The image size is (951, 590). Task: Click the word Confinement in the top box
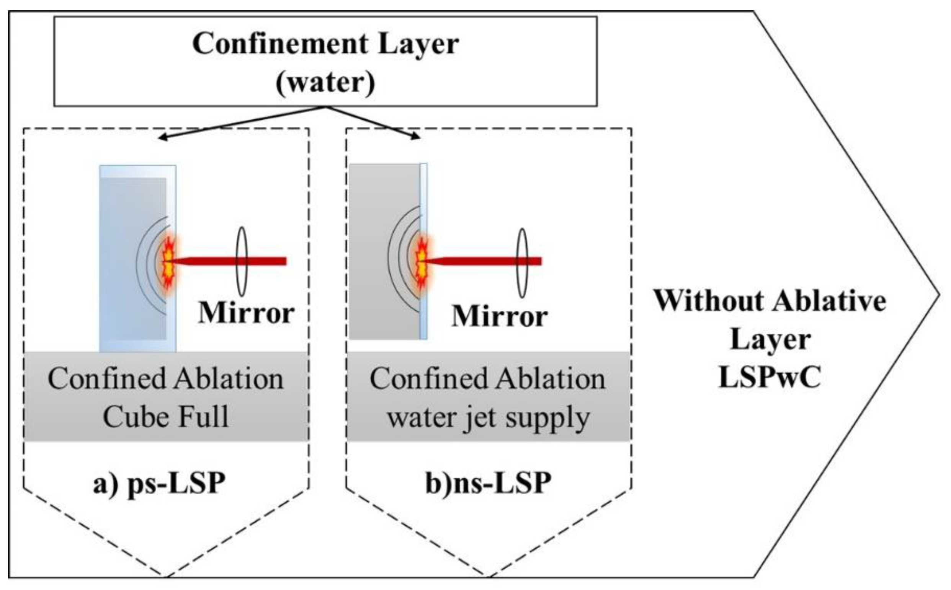click(x=280, y=44)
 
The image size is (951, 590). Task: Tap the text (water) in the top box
click(x=325, y=82)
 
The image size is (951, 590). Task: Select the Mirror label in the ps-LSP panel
click(x=246, y=313)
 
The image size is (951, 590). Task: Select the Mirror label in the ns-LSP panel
click(x=499, y=316)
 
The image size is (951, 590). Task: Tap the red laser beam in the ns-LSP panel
click(x=476, y=261)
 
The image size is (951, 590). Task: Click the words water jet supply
click(x=488, y=418)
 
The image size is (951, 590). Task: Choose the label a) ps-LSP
click(x=159, y=484)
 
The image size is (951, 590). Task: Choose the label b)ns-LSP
click(x=488, y=484)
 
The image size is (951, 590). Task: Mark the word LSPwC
click(x=770, y=377)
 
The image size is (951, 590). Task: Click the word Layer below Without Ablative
click(x=770, y=339)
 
